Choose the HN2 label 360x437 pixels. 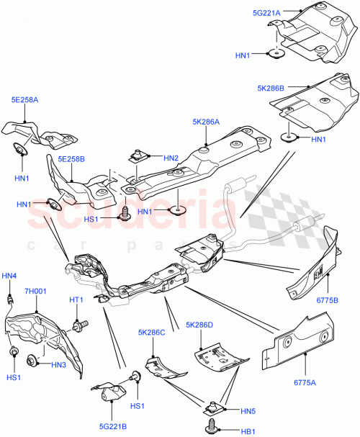[x=171, y=158]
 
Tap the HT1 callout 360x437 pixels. [x=77, y=299]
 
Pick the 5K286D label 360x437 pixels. [x=200, y=325]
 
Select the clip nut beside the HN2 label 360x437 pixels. [x=140, y=156]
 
